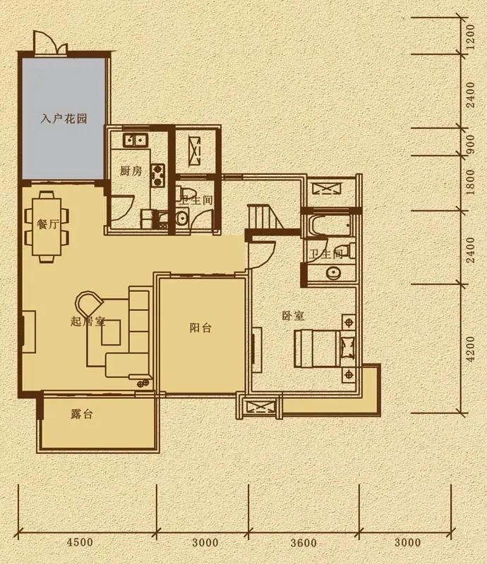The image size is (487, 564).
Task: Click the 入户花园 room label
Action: point(64,119)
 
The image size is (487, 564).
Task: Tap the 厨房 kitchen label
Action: point(131,171)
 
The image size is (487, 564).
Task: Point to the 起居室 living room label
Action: point(88,321)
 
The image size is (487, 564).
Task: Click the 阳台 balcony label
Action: point(200,328)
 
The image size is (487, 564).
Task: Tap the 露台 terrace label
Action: point(82,415)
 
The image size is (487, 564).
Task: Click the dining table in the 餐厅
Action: point(50,226)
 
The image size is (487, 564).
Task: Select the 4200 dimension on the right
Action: point(471,348)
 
